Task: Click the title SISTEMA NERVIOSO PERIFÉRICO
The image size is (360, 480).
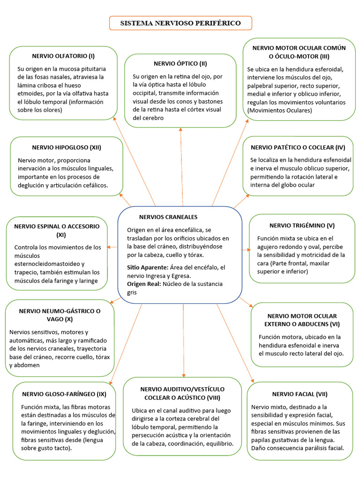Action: (180, 23)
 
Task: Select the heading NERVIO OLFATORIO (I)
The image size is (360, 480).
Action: (63, 56)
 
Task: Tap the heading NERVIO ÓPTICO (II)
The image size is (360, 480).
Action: (180, 63)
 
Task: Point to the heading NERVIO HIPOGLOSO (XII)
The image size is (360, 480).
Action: (67, 147)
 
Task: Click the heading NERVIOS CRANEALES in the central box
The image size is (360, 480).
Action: (168, 217)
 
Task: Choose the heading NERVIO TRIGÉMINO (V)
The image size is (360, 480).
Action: (302, 225)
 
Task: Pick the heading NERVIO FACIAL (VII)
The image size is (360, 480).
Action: (300, 394)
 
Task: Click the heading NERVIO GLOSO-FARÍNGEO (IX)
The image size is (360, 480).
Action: (64, 394)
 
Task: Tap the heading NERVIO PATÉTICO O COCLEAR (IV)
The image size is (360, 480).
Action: (298, 147)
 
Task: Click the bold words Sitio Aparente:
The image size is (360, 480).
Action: (147, 267)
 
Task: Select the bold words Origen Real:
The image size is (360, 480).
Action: (144, 284)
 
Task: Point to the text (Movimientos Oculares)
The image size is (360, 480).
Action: (279, 111)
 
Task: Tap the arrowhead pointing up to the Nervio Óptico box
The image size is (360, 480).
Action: (180, 130)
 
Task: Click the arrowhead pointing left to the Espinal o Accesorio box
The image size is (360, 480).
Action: (109, 247)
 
